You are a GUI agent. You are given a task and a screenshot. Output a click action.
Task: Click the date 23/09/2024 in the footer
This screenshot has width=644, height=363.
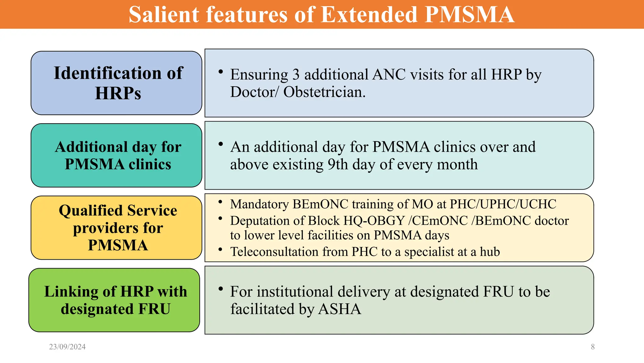pos(67,347)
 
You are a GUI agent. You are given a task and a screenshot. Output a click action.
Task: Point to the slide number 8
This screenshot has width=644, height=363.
pos(593,347)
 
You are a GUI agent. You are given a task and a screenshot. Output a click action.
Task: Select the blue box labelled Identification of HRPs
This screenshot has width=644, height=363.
pos(116,83)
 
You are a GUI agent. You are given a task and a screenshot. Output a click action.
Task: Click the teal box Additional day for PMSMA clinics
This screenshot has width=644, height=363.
pos(116,155)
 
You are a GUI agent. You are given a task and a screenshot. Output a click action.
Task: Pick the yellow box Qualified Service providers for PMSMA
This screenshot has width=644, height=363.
pos(116,228)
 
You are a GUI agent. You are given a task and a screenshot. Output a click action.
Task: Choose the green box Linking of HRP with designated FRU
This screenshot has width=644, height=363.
pos(114,300)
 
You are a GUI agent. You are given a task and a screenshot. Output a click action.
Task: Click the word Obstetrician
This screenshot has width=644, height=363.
pos(325,92)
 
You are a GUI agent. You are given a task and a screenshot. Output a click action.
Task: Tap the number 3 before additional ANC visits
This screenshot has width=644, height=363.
pos(296,75)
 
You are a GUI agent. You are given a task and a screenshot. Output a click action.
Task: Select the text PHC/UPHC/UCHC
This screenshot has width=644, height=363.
pos(503,204)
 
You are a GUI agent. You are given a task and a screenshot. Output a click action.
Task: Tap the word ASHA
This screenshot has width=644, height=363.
pos(340,309)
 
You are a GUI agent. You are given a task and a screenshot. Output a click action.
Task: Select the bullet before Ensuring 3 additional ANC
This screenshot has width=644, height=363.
pos(221,72)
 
